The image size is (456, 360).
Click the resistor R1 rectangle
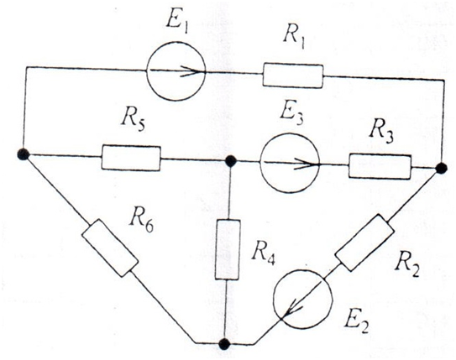[x=293, y=76]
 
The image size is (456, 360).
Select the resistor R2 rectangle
[x=364, y=243]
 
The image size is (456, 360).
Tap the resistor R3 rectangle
[x=380, y=167]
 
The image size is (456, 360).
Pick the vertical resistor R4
[x=228, y=249]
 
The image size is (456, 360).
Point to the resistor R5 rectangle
[x=131, y=158]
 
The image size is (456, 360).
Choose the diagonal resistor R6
[x=110, y=248]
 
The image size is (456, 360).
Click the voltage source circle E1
[x=176, y=71]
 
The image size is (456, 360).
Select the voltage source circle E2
[x=302, y=299]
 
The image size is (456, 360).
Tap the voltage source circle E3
[x=290, y=163]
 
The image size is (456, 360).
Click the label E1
[x=177, y=21]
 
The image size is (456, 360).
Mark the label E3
[x=291, y=115]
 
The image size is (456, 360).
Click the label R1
[x=294, y=39]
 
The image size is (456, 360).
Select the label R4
[x=263, y=257]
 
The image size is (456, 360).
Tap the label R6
[x=141, y=223]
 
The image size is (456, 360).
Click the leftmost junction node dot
[x=24, y=154]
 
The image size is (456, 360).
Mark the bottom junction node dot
[x=224, y=344]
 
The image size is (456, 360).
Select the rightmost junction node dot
[x=442, y=169]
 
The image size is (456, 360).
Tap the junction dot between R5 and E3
[x=231, y=161]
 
